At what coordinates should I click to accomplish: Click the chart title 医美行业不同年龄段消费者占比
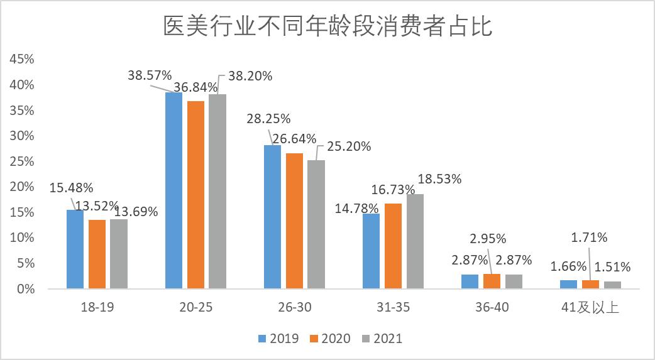327,27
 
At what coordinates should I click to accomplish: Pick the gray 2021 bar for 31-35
415,242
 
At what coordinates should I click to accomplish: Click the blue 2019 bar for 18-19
75,249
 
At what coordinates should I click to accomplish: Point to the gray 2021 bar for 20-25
217,192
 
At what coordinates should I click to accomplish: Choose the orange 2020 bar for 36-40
492,281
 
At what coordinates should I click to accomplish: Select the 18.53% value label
440,179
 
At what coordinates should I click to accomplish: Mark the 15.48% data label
71,187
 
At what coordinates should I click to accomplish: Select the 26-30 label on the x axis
294,307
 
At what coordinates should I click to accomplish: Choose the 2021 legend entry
382,339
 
